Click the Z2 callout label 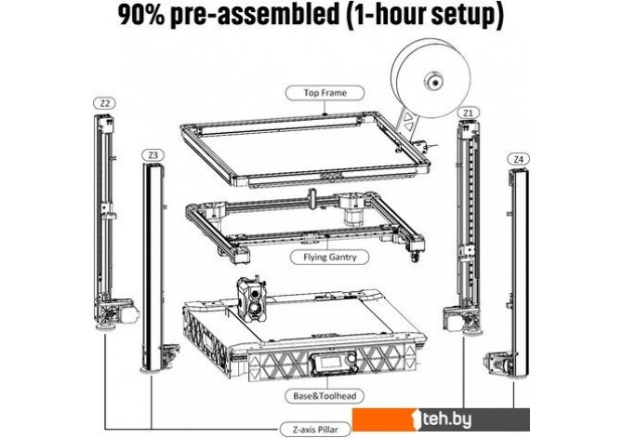[104, 103]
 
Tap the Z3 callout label [153, 155]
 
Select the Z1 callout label [469, 113]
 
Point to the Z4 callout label [519, 159]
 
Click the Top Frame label [325, 93]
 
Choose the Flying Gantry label [330, 258]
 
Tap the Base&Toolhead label [325, 396]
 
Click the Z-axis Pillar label [315, 430]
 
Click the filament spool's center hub [433, 82]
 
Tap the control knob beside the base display [351, 359]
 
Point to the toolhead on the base [252, 299]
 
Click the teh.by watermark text [446, 419]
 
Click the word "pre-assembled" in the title [254, 15]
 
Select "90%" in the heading [141, 15]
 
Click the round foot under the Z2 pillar [105, 327]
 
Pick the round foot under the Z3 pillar [151, 371]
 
